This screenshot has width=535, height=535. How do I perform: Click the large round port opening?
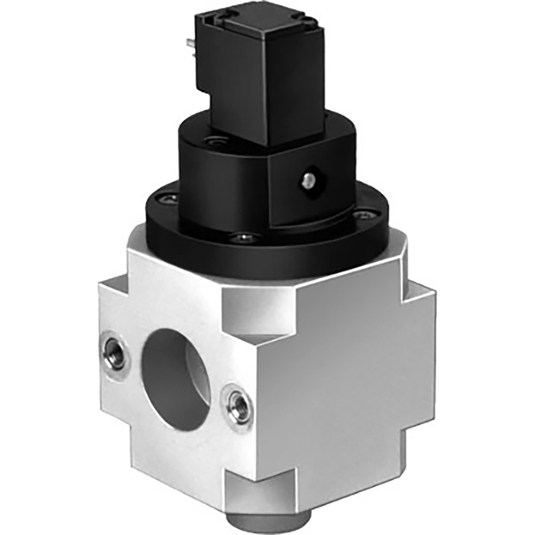click(177, 370)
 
